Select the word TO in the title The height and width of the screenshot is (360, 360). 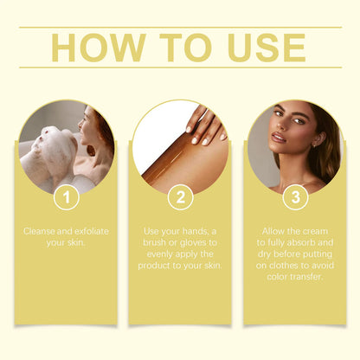[179, 48]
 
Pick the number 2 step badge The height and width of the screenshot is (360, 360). [180, 196]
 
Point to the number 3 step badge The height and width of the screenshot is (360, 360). [295, 196]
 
